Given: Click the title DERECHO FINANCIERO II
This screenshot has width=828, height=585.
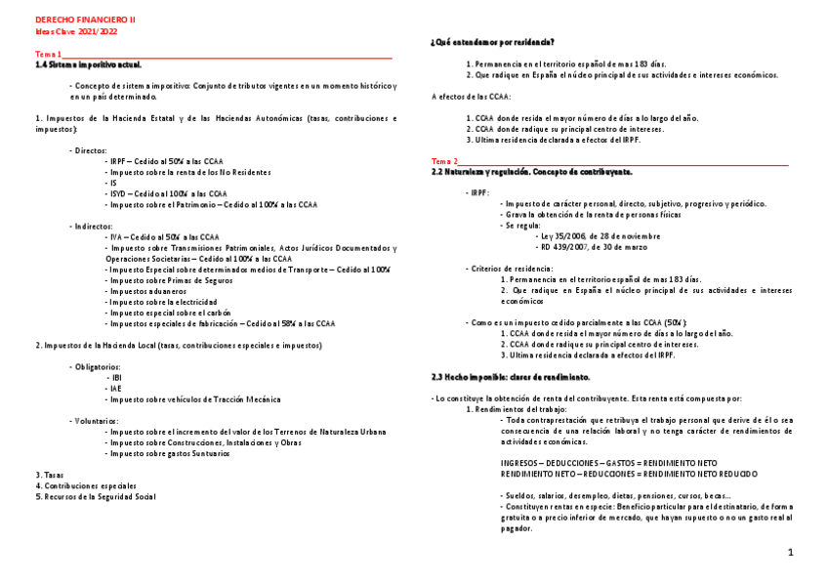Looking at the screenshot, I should point(85,20).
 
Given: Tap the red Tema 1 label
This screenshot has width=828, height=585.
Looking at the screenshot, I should point(48,54).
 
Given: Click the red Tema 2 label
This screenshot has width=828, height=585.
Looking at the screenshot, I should point(444,161).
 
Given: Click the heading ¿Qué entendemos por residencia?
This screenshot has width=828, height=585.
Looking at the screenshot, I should point(493,42).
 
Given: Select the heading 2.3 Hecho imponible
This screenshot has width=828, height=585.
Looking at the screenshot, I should point(510,377).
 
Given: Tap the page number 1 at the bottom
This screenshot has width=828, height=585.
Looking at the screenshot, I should point(791,553).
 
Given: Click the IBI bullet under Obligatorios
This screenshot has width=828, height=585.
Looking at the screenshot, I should point(116,377).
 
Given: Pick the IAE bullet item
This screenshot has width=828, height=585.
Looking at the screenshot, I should point(115,388).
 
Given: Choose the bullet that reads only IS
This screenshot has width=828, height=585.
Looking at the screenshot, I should point(113,183).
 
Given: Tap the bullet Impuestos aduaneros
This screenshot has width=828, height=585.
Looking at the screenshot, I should point(146,291).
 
